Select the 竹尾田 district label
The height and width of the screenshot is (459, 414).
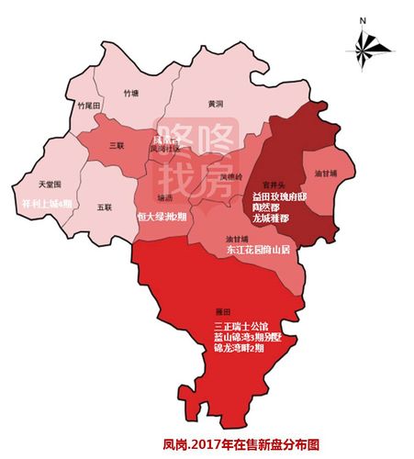click(88, 106)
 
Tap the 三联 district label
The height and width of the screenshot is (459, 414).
click(117, 145)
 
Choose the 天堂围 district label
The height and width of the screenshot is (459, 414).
click(49, 159)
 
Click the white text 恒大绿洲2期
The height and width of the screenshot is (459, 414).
click(162, 218)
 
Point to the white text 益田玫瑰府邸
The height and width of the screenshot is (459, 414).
click(284, 196)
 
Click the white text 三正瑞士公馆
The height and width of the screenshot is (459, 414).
click(241, 326)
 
